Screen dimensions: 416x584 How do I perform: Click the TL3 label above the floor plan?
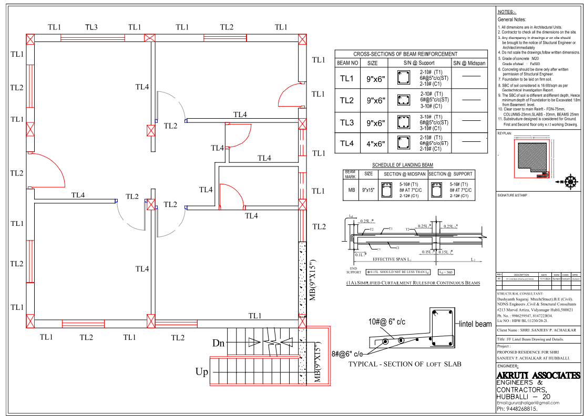point(91,27)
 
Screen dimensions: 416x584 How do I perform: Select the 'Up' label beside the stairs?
point(202,372)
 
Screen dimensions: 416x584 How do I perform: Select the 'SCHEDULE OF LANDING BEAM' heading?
point(403,165)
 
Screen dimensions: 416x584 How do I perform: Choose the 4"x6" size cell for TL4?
point(376,143)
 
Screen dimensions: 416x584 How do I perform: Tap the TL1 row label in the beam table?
point(347,79)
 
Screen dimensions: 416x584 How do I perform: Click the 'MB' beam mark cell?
point(350,191)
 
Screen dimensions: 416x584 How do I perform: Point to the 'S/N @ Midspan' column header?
point(469,63)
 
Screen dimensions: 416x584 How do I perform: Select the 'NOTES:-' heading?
point(507,12)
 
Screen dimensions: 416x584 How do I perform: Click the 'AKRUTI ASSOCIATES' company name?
point(538,376)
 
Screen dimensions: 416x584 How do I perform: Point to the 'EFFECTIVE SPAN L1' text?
point(392,259)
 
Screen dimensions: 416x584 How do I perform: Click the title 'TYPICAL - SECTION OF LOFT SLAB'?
point(405,364)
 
